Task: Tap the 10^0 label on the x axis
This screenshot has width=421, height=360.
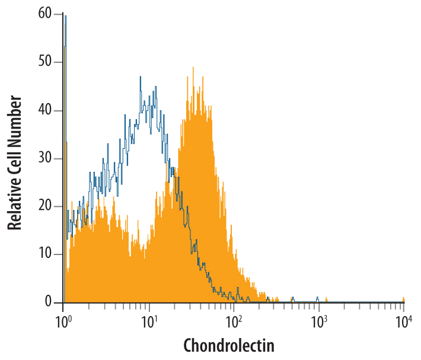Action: (x=63, y=323)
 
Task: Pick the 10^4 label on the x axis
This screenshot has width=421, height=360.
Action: (x=404, y=323)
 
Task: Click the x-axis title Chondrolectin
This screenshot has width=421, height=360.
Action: (x=229, y=345)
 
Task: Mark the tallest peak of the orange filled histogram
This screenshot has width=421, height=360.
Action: (x=193, y=69)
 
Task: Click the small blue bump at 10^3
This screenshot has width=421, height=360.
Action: (x=317, y=297)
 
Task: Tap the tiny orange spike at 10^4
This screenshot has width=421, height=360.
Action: (x=403, y=298)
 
